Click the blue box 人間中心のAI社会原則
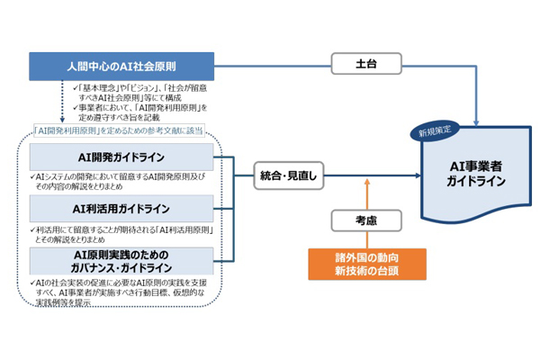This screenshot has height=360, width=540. click(121, 66)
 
